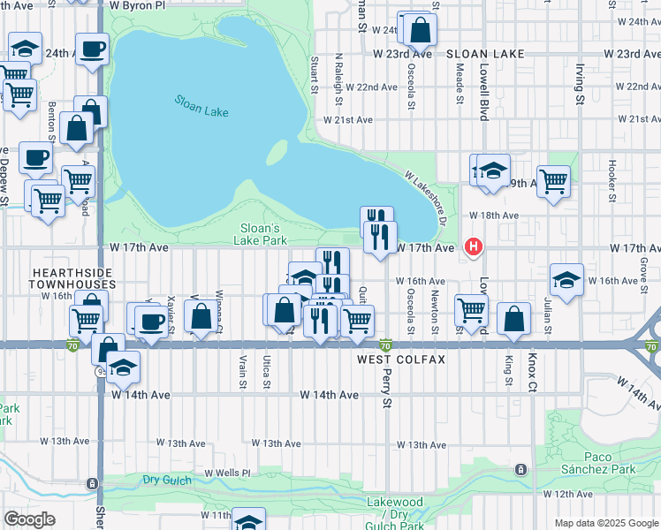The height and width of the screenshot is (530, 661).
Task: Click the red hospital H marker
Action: click(x=475, y=246)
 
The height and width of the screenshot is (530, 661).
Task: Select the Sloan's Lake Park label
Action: click(x=262, y=233)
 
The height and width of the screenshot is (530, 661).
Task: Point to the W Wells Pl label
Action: click(x=229, y=473)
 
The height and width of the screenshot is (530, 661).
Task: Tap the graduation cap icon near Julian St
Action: click(x=566, y=280)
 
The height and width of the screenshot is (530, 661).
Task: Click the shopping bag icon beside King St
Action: click(x=513, y=319)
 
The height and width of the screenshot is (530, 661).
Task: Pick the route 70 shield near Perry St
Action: click(x=385, y=344)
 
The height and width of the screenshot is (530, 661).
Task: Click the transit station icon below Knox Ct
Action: click(x=521, y=468)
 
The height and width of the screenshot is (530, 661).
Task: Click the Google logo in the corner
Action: click(x=29, y=519)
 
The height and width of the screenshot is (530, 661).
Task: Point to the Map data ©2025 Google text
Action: click(x=606, y=523)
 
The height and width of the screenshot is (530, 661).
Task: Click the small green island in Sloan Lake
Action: click(x=277, y=152)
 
